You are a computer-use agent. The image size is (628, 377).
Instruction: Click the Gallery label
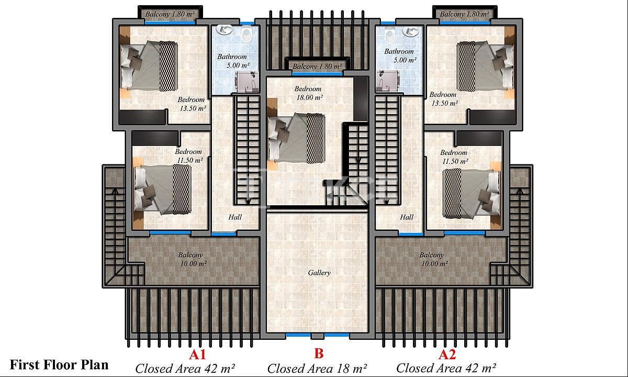click(x=319, y=273)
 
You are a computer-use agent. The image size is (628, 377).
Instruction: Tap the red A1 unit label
click(x=197, y=354)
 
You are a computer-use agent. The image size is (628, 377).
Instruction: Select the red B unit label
click(x=319, y=354)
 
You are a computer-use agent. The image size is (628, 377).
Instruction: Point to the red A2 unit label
click(x=447, y=354)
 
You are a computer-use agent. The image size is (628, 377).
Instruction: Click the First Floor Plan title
click(x=59, y=365)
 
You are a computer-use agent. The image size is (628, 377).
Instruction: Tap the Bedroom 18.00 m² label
click(x=308, y=93)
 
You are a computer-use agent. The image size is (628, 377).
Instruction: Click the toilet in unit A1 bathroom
click(x=246, y=34)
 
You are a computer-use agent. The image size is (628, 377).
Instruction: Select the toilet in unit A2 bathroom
click(x=390, y=36)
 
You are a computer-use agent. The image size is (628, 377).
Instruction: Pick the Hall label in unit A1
click(x=235, y=217)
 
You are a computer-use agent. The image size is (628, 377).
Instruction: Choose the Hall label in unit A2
click(x=407, y=217)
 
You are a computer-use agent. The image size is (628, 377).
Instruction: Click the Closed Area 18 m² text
click(x=317, y=369)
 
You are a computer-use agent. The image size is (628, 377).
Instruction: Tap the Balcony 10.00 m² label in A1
click(x=193, y=259)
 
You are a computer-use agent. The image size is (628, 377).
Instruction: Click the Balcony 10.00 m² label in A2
click(x=433, y=259)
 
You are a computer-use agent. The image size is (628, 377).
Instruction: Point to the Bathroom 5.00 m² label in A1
click(x=233, y=61)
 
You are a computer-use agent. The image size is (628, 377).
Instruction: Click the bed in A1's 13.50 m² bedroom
click(x=149, y=65)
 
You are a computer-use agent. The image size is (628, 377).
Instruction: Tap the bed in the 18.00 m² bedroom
click(x=296, y=138)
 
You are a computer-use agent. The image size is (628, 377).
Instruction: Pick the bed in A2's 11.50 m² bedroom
click(x=472, y=194)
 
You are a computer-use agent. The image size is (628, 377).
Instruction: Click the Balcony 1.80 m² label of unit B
click(x=317, y=66)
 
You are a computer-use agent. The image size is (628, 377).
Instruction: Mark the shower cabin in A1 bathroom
click(x=247, y=82)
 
